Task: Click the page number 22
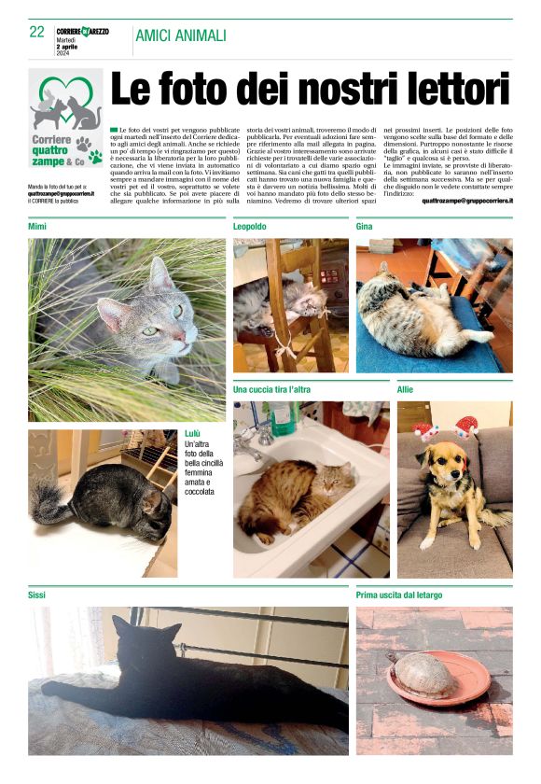click(36, 32)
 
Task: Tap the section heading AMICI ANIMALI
click(180, 35)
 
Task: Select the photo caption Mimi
click(37, 227)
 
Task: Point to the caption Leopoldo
click(250, 227)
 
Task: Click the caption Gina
click(366, 227)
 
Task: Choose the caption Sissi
click(37, 595)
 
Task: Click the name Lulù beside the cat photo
click(193, 434)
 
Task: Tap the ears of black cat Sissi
click(140, 628)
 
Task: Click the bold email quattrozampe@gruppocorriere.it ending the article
click(466, 200)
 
